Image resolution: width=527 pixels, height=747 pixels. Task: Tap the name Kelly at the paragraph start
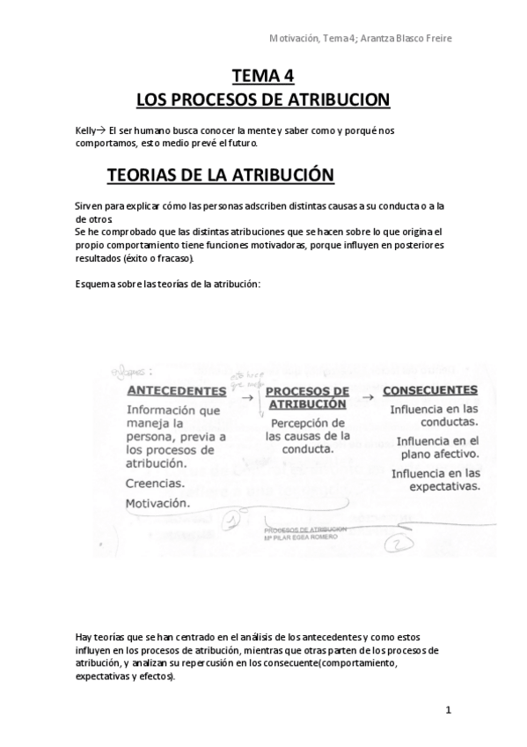click(x=86, y=129)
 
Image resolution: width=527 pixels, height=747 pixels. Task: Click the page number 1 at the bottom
click(x=448, y=710)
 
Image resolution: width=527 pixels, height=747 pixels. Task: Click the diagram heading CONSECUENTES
click(x=430, y=389)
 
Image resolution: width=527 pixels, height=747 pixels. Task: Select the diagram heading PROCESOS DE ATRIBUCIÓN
click(x=306, y=397)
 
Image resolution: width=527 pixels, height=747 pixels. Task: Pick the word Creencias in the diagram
click(x=154, y=483)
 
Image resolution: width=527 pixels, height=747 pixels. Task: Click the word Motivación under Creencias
click(x=157, y=502)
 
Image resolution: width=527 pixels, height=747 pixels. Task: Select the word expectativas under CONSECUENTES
click(x=437, y=484)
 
